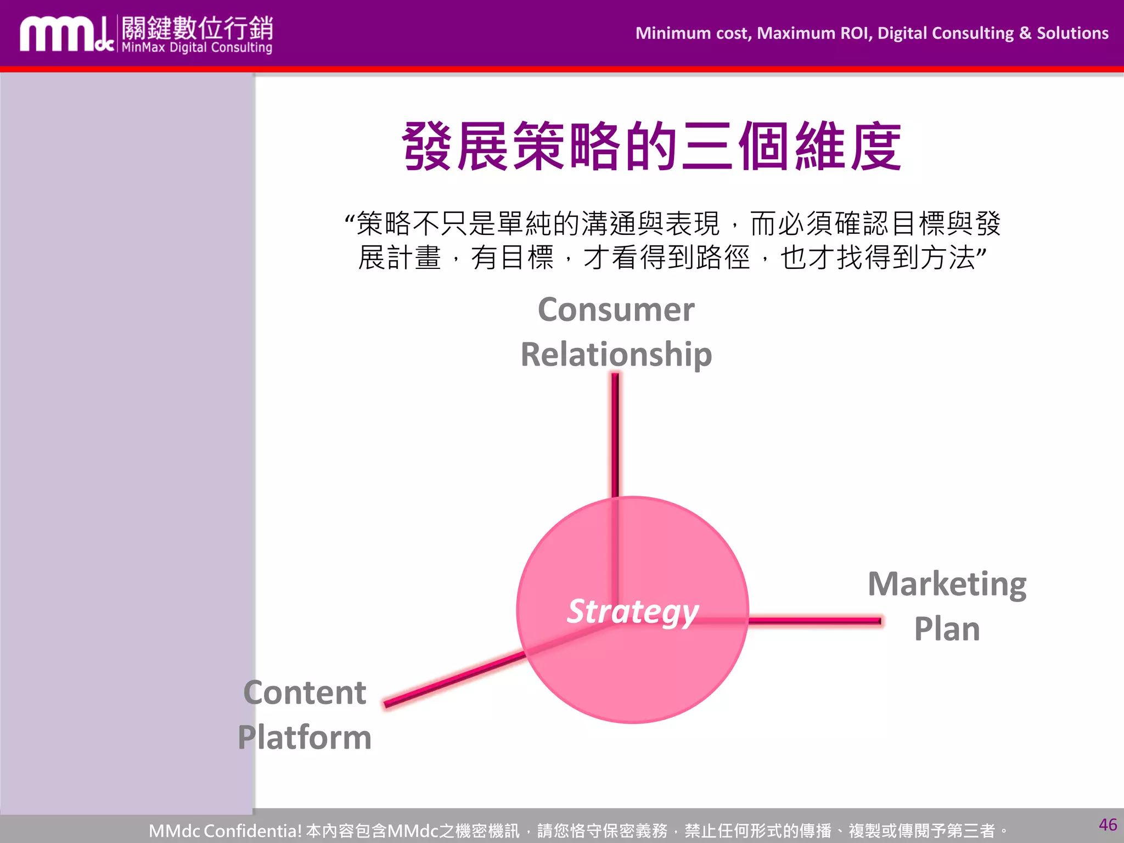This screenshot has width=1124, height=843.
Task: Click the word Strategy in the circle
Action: pos(633,611)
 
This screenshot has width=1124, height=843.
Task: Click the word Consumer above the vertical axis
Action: pos(616,310)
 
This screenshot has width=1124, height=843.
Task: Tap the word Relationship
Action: pos(616,355)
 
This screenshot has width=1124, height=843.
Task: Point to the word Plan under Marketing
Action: pos(947,629)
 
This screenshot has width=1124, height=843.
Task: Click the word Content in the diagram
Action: pos(305,693)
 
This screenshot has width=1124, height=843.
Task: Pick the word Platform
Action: pos(305,737)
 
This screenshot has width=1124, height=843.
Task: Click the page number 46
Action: pos(1108,824)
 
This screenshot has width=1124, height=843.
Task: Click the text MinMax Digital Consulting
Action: pos(196,48)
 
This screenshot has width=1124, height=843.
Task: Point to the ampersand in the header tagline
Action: pos(1025,33)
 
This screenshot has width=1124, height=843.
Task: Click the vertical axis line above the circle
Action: pos(615,434)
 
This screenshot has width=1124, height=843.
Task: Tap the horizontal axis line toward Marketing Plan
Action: pos(815,621)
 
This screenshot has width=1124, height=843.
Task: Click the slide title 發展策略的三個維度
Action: pos(651,147)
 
